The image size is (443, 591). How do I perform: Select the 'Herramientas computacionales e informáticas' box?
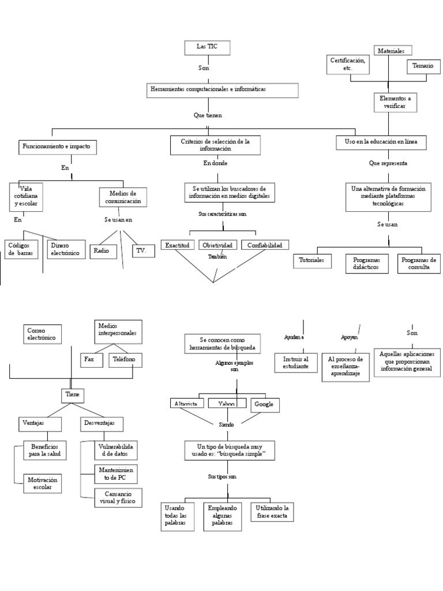(221, 91)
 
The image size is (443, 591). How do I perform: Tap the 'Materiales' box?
(392, 51)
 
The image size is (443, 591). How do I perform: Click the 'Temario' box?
(422, 67)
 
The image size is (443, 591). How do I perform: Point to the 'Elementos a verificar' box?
(395, 102)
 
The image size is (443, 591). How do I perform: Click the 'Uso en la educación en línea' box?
(381, 142)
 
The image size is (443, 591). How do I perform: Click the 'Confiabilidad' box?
(264, 245)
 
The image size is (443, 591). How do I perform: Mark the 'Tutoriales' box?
(311, 261)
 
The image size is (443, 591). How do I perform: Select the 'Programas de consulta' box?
(418, 264)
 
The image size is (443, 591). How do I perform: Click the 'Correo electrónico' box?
(44, 334)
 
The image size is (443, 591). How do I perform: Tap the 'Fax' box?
(90, 360)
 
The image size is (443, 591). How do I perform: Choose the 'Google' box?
(265, 405)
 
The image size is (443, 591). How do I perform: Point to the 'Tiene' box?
(72, 395)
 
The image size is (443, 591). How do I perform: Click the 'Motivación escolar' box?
(42, 483)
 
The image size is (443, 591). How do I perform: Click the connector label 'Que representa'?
(388, 163)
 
